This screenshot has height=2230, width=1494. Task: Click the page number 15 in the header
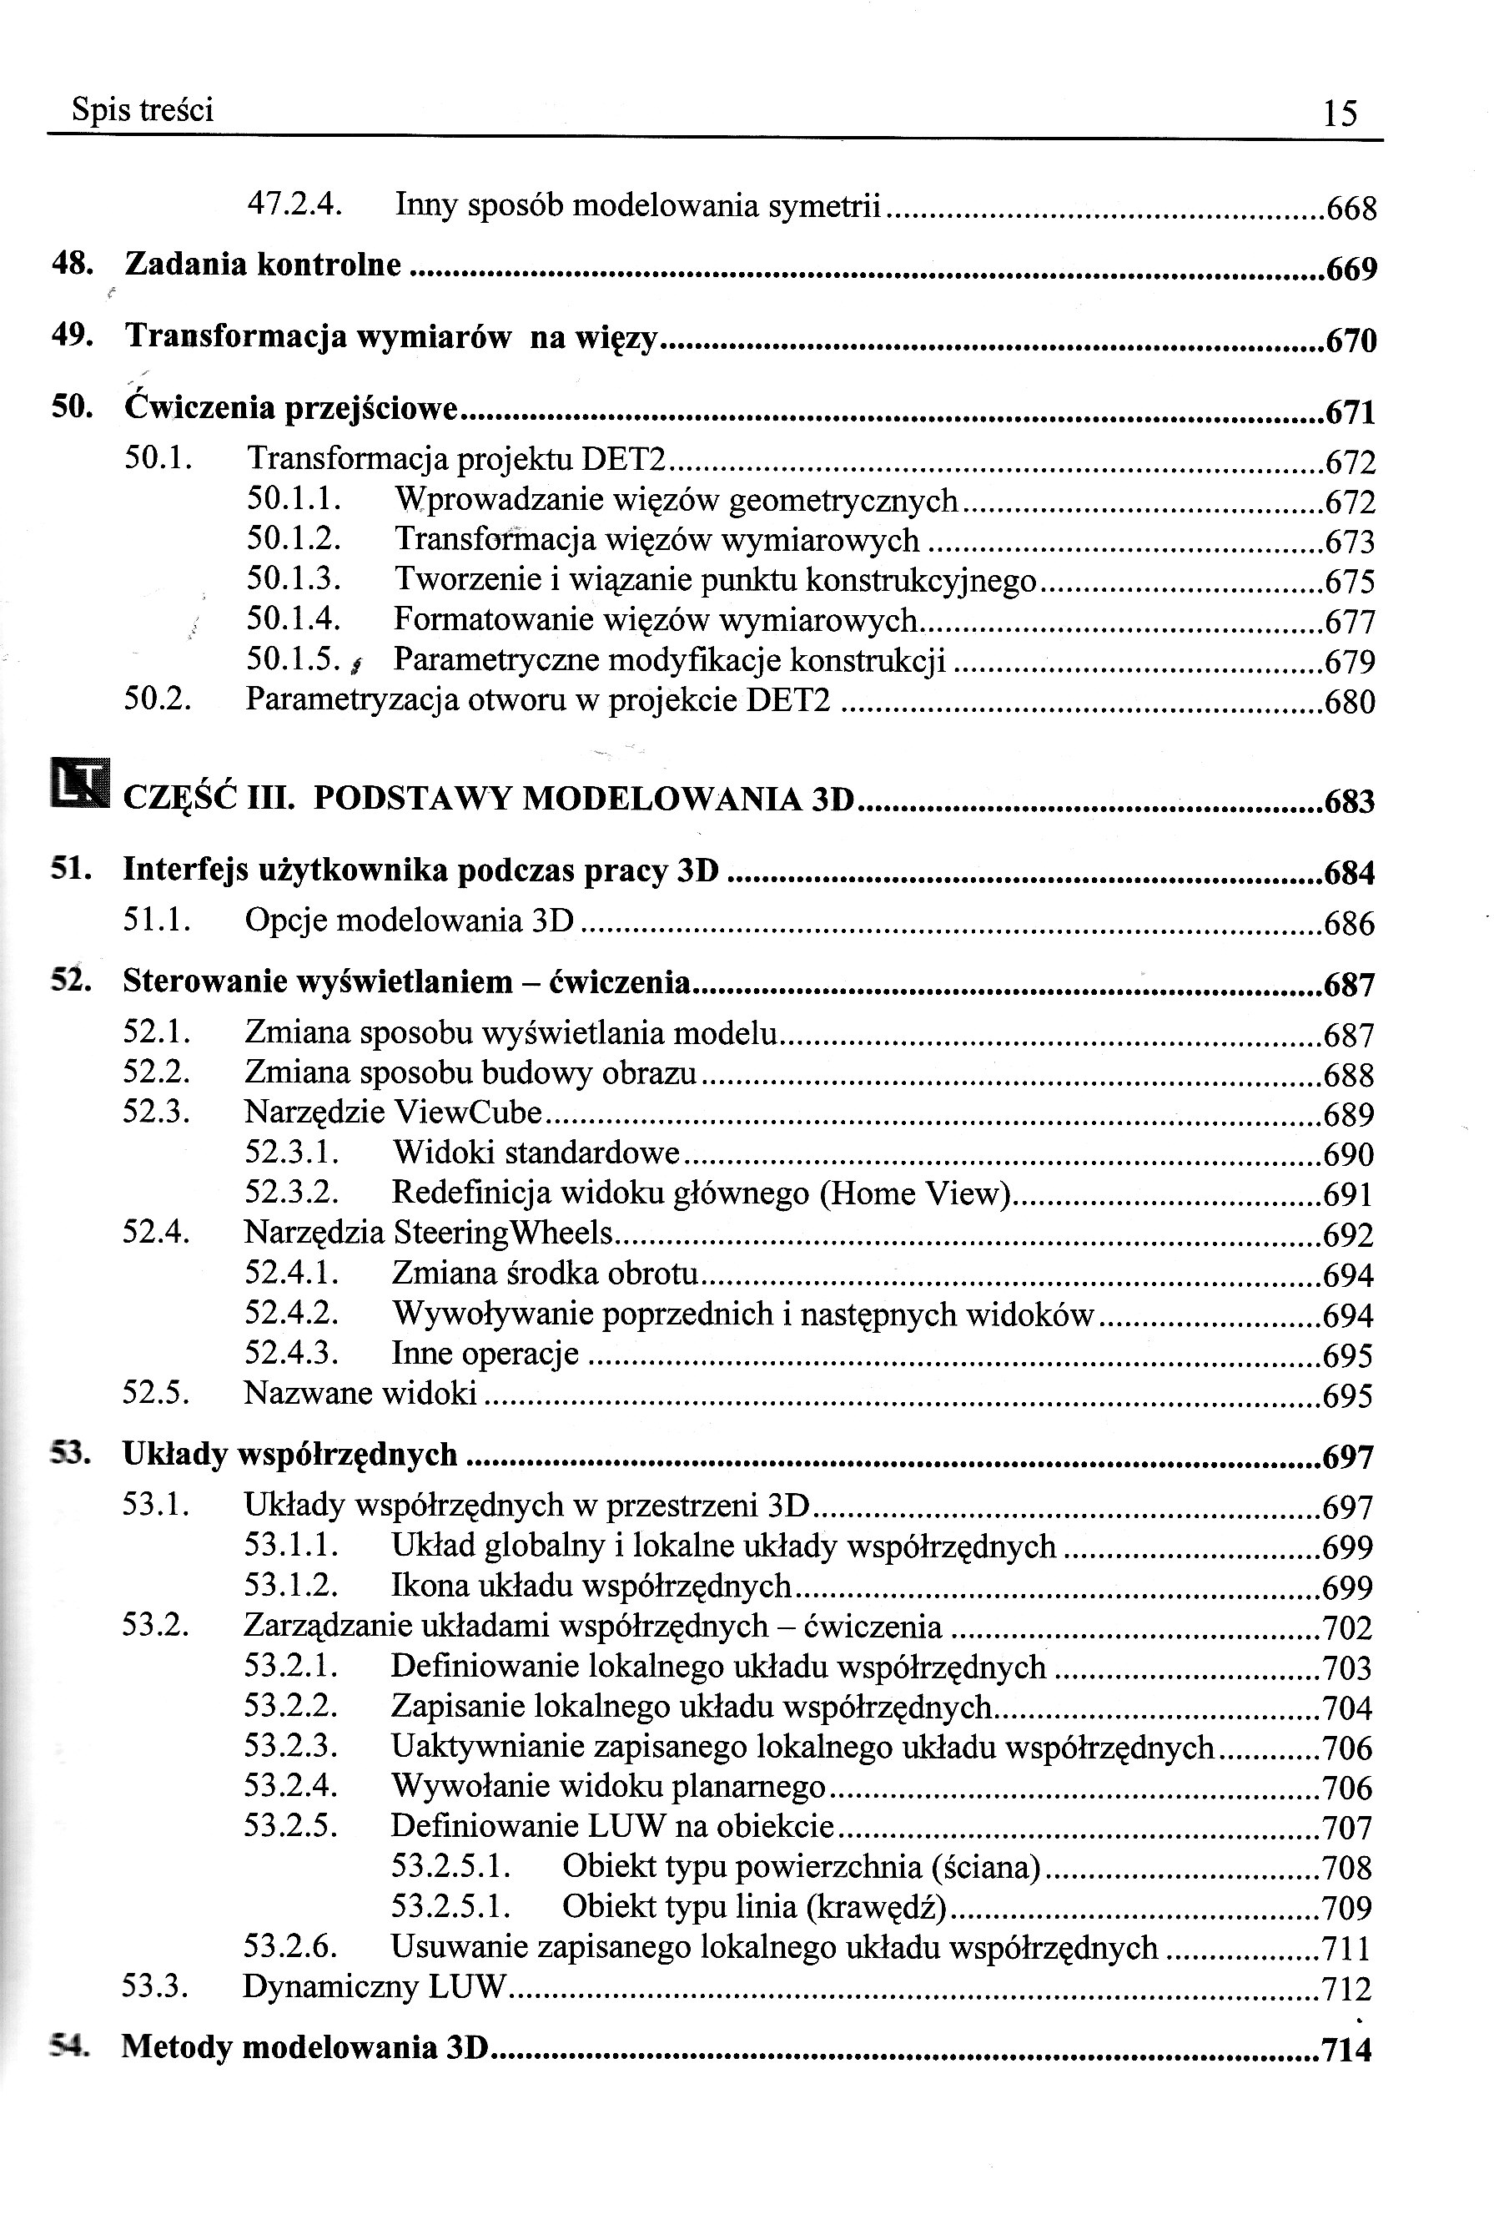1340,114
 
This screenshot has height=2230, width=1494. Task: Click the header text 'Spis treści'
143,110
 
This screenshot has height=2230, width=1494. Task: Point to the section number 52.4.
156,1232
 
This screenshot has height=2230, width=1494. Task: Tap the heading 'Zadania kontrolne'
263,265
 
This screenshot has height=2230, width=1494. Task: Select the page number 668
1351,209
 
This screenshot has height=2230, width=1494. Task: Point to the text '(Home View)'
915,1193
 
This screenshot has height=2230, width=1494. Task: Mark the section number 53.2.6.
292,1947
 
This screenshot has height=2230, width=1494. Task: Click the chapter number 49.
71,336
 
